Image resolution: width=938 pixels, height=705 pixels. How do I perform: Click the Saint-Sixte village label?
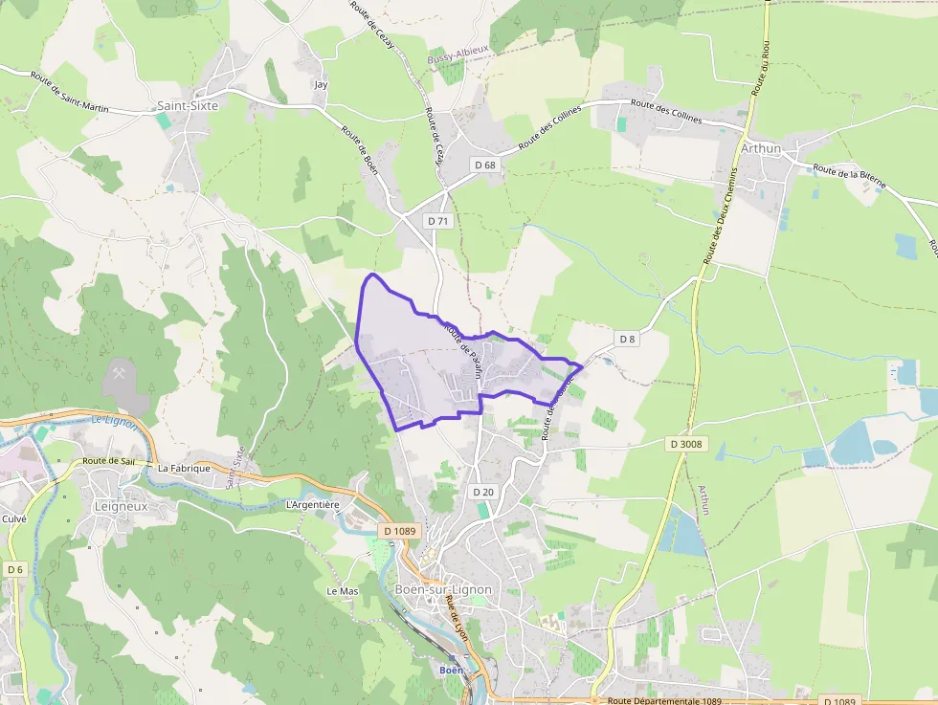tap(188, 106)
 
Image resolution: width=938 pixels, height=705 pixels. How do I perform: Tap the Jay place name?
tap(321, 85)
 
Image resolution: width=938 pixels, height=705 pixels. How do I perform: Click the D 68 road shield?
tap(485, 165)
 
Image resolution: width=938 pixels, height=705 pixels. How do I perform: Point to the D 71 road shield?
tap(438, 221)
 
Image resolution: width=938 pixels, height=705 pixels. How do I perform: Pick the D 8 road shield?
tap(627, 339)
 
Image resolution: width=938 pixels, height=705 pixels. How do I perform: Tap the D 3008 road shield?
tap(685, 444)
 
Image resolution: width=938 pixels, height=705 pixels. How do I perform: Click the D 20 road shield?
tap(483, 492)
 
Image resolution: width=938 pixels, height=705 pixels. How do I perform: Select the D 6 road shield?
tap(14, 569)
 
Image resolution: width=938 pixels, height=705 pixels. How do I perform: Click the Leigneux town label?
tap(122, 506)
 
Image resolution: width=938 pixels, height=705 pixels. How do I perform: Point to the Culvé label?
tap(14, 518)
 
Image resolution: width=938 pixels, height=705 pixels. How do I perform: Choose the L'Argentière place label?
tap(313, 504)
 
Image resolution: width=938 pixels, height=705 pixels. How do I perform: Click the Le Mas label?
tap(342, 591)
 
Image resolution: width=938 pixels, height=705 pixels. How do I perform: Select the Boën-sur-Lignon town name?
tap(443, 589)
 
